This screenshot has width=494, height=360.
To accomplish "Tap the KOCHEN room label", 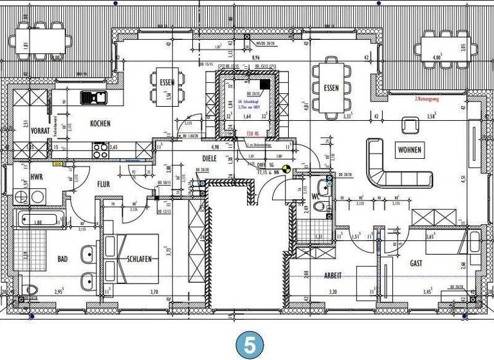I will [100, 123].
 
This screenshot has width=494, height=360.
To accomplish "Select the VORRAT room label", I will [41, 130].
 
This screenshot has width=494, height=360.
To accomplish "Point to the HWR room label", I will [37, 176].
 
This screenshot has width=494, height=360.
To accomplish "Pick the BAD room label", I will [62, 259].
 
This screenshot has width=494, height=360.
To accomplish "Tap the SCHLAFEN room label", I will [139, 259].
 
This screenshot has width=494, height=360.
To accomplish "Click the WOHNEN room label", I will [409, 150].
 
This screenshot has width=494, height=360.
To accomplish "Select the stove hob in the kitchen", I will [100, 150].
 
